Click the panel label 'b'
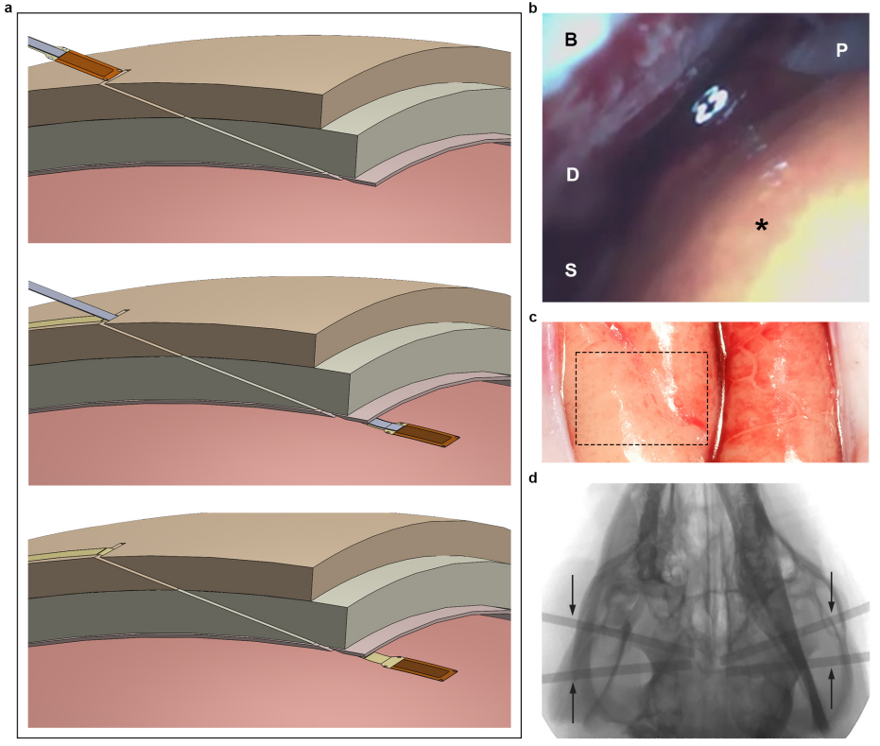[533, 9]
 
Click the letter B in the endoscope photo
[570, 39]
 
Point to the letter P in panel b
[840, 51]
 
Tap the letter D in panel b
[571, 175]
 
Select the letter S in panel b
[570, 269]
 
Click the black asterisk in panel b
[760, 225]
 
